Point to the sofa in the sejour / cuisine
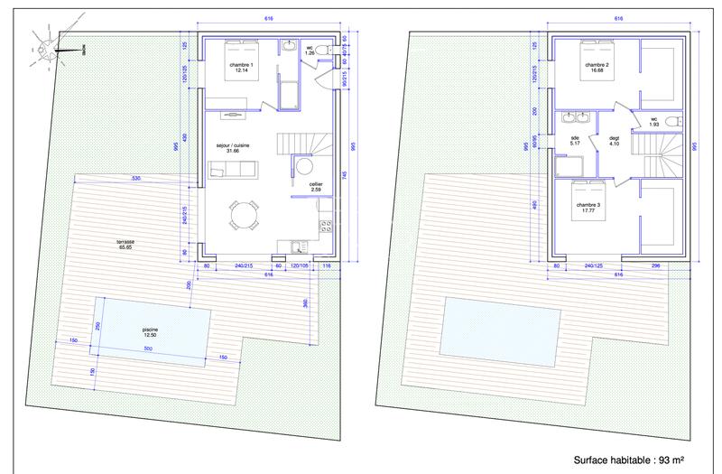click(234, 168)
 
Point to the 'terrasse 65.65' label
click(125, 245)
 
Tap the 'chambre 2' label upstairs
click(595, 68)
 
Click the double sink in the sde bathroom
click(575, 118)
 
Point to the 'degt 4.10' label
click(616, 140)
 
